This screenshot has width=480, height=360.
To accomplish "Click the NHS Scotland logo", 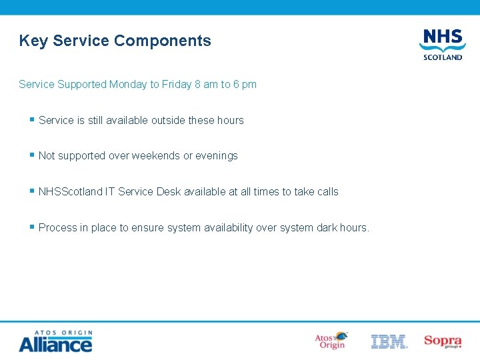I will tap(441, 44).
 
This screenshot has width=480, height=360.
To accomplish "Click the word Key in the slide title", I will tap(34, 41).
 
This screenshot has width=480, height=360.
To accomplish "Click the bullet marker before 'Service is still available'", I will tap(31, 119).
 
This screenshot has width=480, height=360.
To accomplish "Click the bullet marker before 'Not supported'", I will tap(31, 155).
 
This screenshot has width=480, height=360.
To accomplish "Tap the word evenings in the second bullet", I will tap(217, 156).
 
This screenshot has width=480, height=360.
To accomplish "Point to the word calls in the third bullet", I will tap(327, 192).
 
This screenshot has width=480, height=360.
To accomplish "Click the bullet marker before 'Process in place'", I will tap(31, 227).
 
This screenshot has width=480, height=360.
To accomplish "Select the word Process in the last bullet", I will tap(57, 228).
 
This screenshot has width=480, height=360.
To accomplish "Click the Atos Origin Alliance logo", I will tap(55, 341).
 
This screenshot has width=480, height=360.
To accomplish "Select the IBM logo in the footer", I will tap(389, 342).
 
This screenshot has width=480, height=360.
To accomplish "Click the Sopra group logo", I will tap(443, 341).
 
